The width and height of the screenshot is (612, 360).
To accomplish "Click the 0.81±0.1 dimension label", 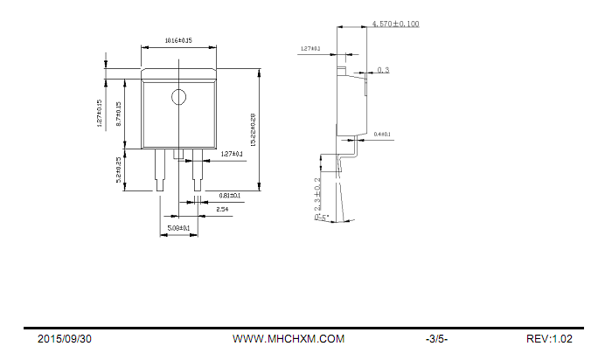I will (230, 196).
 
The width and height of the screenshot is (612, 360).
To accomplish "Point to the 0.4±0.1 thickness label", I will (382, 135).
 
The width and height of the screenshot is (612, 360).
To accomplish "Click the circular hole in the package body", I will (178, 96).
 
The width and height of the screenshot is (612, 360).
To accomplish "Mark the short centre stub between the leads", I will (178, 154).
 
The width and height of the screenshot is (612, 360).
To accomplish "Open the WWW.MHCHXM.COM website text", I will (289, 339).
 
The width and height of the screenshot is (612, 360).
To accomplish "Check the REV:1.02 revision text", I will (549, 339).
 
